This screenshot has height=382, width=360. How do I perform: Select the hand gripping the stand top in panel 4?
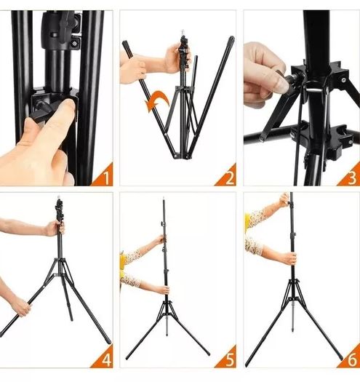[x=55, y=228]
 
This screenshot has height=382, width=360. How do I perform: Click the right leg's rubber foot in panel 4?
[x=108, y=340]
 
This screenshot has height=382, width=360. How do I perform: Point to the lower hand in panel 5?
[x=164, y=290]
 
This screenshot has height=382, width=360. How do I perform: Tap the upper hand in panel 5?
[x=161, y=240]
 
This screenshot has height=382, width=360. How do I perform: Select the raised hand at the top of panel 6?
[x=285, y=200]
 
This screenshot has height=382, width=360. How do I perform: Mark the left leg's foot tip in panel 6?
[x=247, y=365]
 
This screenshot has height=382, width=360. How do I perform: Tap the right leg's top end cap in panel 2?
[x=231, y=39]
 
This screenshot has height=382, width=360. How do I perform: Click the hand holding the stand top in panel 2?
[x=177, y=58]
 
